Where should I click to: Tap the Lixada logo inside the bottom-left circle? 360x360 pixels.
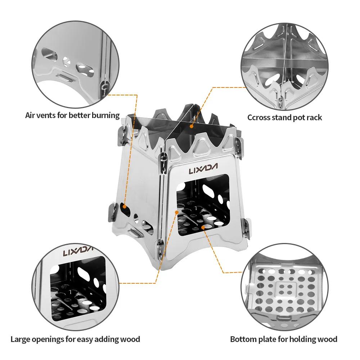point(78,251)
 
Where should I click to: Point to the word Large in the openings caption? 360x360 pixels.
point(21,339)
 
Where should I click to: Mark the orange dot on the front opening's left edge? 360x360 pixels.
point(177,213)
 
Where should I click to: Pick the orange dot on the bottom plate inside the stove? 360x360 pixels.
point(203,227)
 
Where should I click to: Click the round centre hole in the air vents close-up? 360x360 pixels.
point(67,61)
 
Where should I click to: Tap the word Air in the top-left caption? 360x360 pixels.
point(31,116)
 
